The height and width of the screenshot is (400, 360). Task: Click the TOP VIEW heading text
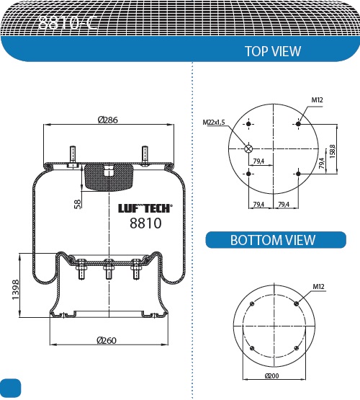tap(272, 51)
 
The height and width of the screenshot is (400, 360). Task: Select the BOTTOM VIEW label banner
tap(272, 240)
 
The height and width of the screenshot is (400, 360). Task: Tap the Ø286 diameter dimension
tap(108, 120)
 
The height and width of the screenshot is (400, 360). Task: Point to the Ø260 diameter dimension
tap(108, 341)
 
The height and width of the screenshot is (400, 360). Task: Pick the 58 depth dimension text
tap(78, 203)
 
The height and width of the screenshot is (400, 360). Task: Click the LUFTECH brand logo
tap(145, 208)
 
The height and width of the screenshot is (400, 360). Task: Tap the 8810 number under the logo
tap(145, 223)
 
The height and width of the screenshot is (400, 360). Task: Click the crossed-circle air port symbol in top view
tap(249, 149)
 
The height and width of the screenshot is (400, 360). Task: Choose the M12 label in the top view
tap(316, 100)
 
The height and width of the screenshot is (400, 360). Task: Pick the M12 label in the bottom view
tap(318, 287)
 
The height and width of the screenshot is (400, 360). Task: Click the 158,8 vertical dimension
tap(332, 149)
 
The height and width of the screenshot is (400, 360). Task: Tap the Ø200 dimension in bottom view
tap(272, 376)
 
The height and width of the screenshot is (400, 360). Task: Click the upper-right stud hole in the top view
tap(298, 125)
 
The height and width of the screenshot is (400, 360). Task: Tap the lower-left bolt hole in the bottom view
tap(251, 348)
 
